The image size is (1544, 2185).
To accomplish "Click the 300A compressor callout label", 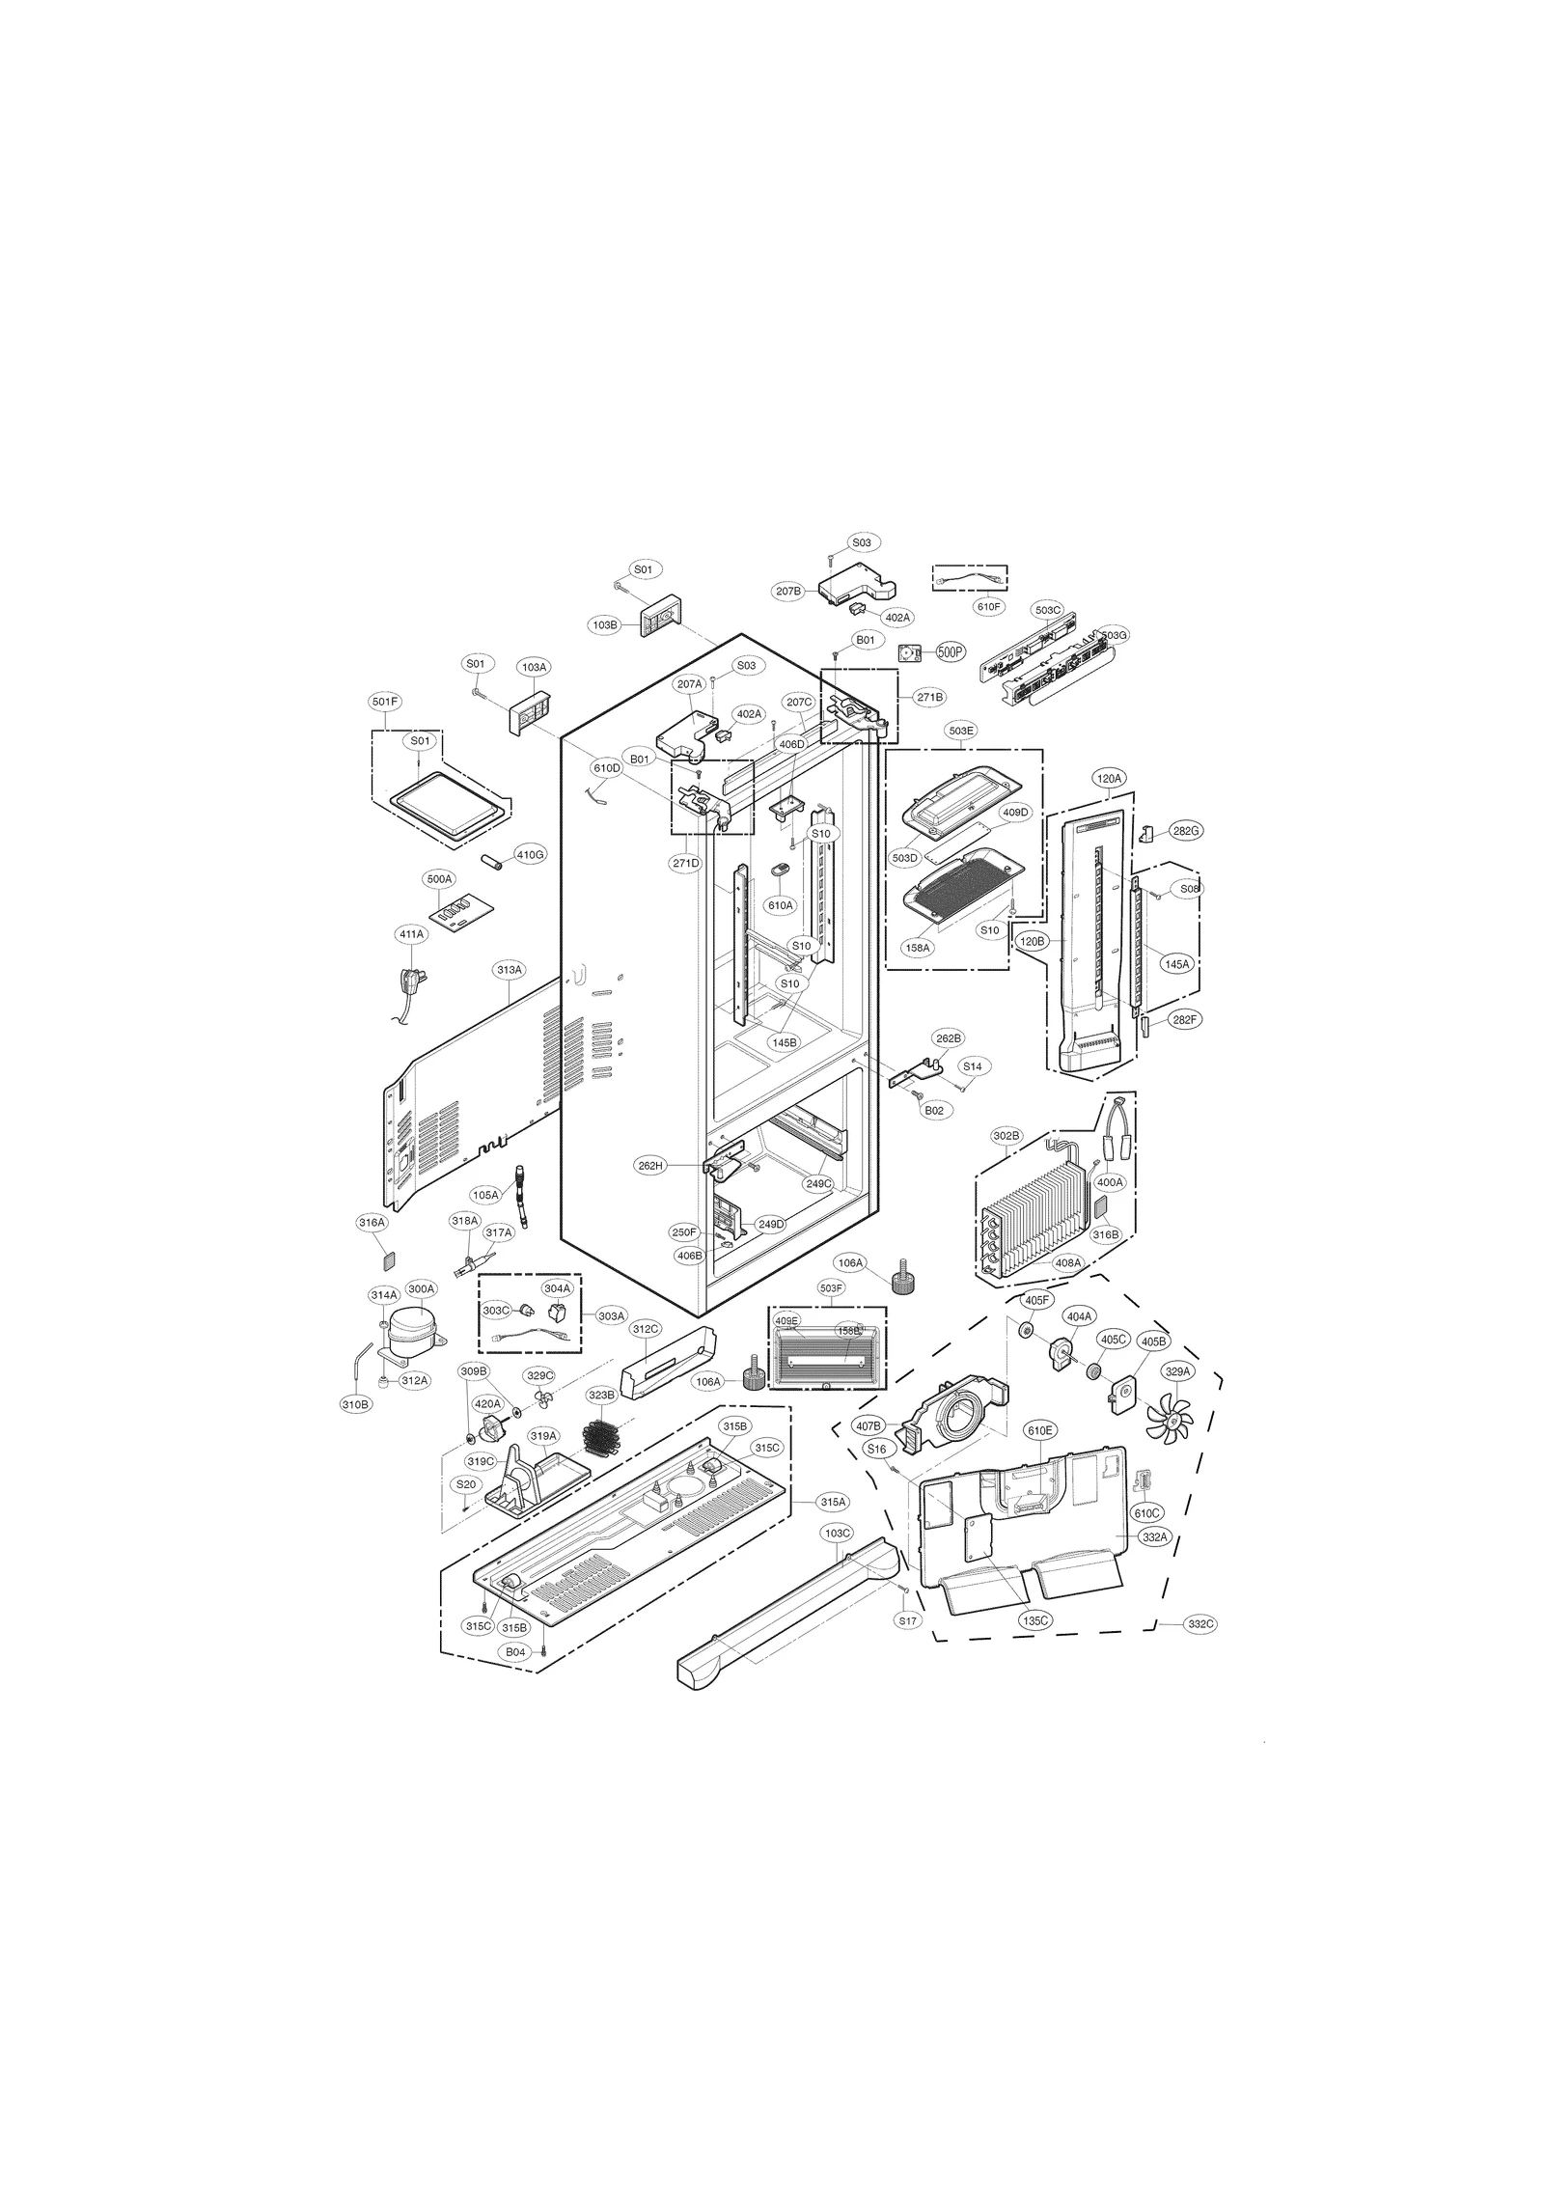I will coord(422,1288).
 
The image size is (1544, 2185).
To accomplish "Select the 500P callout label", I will coord(951,652).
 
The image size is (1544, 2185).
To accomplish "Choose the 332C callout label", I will coord(1200,1624).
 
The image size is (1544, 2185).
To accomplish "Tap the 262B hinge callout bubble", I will coord(948,1038).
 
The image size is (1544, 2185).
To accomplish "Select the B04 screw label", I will coord(516,1652).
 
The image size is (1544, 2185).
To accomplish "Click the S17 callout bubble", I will coord(907,1621).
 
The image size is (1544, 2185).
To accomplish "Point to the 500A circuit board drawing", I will coord(458,910).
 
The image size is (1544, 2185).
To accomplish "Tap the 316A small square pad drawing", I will coord(389,1259).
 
